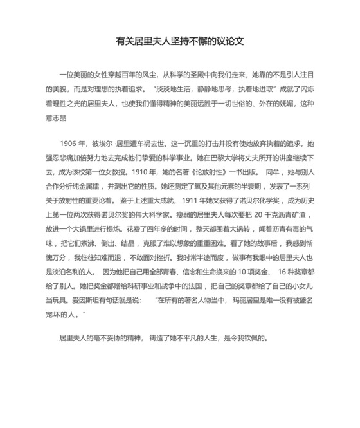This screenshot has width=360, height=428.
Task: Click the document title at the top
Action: pos(179,42)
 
